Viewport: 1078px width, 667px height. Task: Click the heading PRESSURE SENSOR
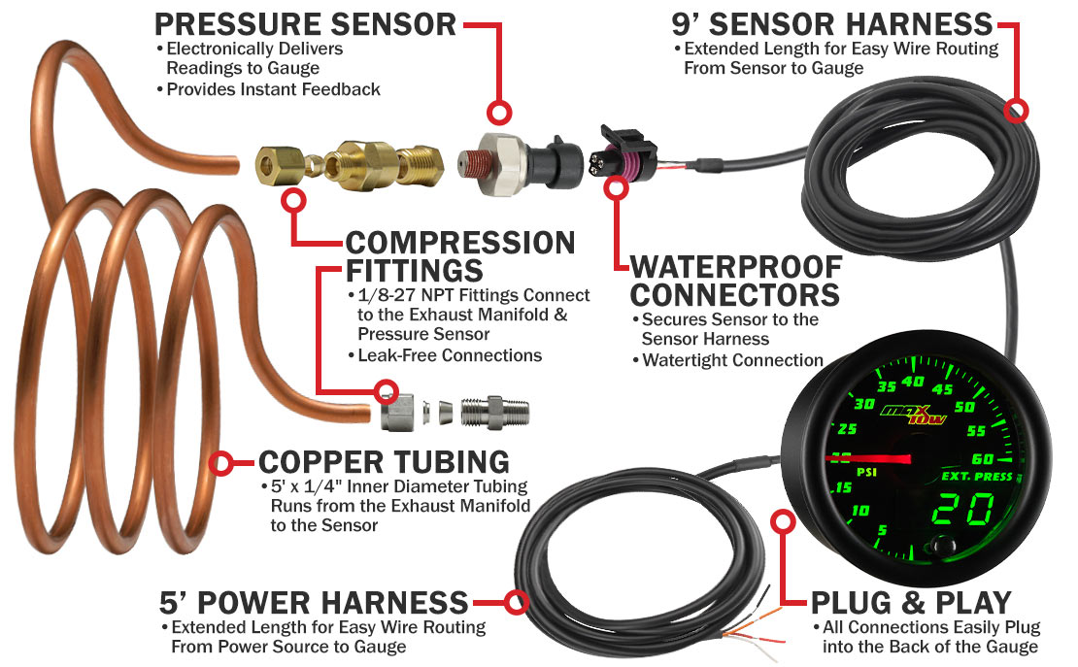point(305,23)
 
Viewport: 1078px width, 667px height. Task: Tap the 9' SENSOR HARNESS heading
point(831,23)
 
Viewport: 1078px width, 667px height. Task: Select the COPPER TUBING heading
point(384,461)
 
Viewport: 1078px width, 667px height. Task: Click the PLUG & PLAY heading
point(911,602)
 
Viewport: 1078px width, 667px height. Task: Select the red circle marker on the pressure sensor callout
point(499,112)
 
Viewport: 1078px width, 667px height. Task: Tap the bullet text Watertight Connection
point(732,360)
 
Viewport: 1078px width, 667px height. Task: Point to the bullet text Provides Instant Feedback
point(273,89)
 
